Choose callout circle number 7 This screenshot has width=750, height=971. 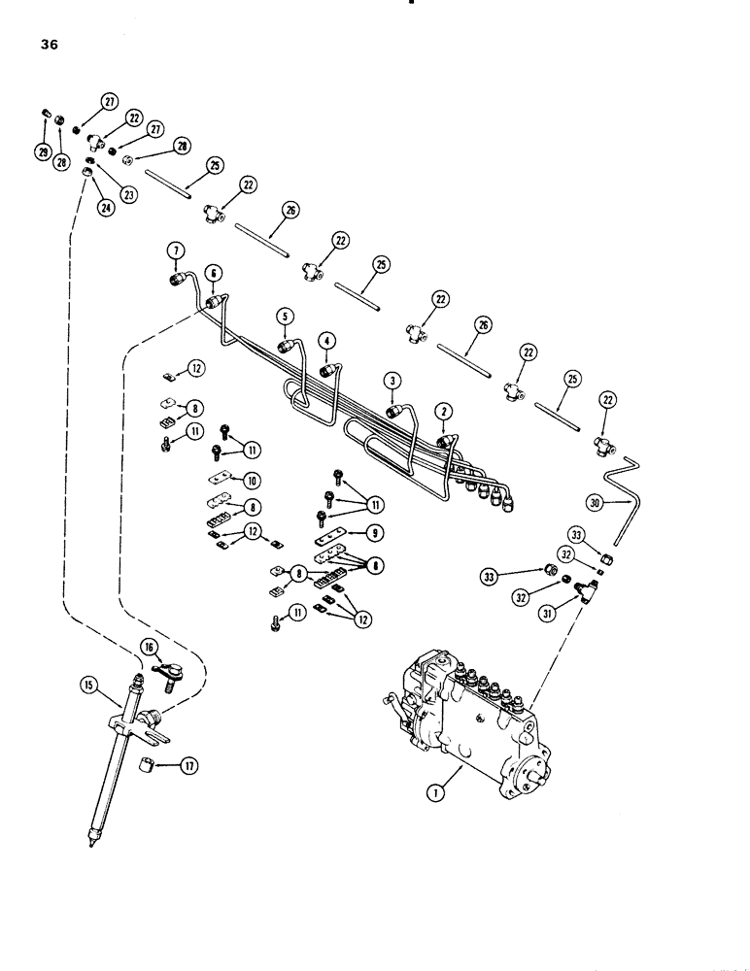[x=174, y=253]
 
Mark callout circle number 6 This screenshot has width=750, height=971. [x=214, y=273]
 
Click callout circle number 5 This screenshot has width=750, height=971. [x=284, y=316]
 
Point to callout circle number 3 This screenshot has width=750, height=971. [x=391, y=380]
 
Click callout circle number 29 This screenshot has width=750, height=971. [x=43, y=151]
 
